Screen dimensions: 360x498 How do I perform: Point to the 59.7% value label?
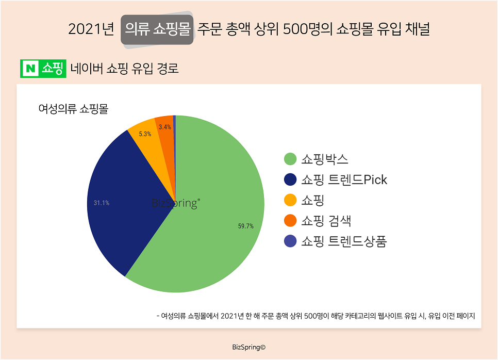(245, 226)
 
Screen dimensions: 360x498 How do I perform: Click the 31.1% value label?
(101, 203)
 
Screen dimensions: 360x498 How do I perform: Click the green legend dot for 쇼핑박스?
(290, 159)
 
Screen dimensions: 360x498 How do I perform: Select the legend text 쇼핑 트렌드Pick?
(344, 179)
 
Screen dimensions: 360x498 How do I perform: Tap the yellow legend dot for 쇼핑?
(290, 200)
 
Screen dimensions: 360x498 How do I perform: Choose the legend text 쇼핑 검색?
(326, 221)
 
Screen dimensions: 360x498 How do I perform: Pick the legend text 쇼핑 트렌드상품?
(344, 241)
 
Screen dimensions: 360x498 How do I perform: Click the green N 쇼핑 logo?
(43, 69)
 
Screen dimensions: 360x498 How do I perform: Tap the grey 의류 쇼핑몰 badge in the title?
(157, 29)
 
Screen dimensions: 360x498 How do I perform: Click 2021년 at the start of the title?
(91, 29)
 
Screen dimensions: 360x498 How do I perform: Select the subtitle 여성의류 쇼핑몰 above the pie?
(74, 109)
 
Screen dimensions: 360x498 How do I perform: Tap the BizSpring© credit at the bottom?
(249, 347)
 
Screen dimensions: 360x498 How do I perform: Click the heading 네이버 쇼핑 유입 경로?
(125, 69)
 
